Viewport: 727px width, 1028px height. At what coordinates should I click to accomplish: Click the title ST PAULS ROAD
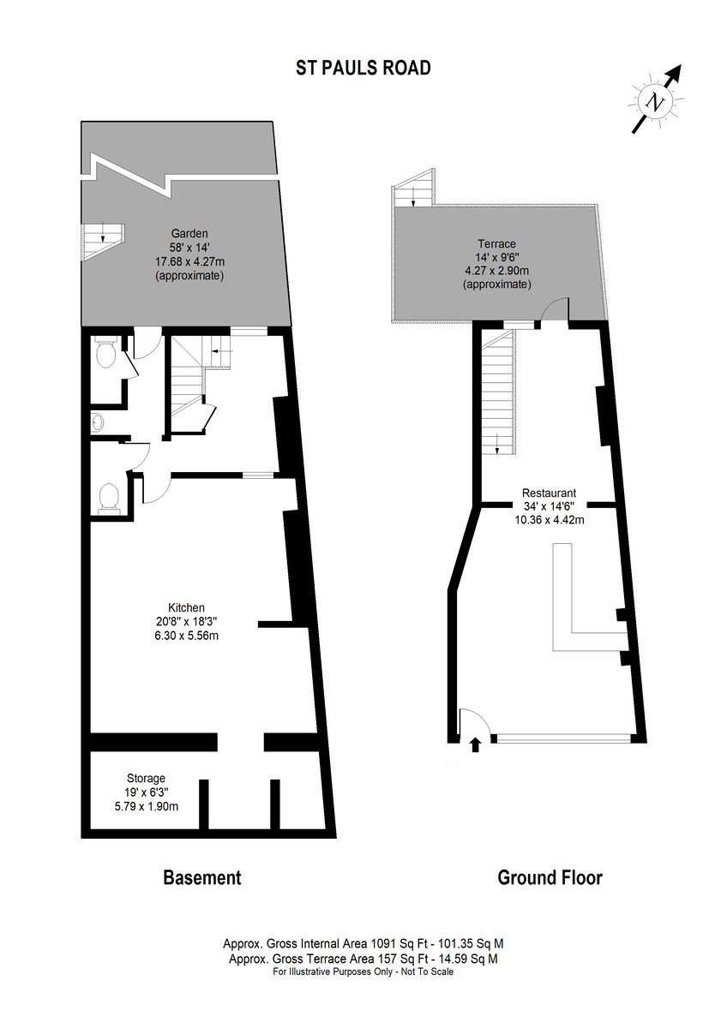coord(363,68)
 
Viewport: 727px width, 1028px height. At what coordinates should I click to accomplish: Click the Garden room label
coord(189,233)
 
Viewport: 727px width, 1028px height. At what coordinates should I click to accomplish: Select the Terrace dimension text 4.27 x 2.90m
coord(496,271)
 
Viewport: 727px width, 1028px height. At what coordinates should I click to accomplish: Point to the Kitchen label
coord(186,607)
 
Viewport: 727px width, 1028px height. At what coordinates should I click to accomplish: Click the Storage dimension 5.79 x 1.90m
coord(146,806)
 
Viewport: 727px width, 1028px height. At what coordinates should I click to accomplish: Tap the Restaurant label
coord(549,493)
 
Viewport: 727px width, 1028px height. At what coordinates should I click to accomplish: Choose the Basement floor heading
coord(202,877)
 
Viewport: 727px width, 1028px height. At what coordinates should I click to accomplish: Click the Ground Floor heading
coord(550,877)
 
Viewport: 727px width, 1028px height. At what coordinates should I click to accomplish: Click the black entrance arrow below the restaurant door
coord(475,744)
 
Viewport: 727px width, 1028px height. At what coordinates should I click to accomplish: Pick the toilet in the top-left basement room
coord(105,351)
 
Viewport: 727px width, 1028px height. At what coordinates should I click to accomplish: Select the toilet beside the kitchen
coord(109,497)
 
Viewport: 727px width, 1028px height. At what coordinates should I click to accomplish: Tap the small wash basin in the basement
coord(97,422)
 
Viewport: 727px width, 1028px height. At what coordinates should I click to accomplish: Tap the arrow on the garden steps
coord(103,231)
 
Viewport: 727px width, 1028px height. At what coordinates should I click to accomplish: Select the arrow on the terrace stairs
coord(413,196)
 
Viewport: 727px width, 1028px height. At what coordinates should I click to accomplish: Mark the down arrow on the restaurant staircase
coord(497,444)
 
